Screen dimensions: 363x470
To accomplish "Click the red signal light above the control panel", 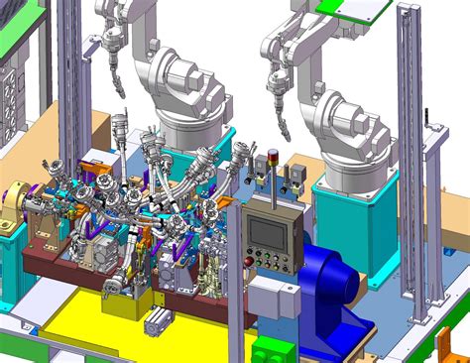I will click(x=274, y=155).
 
